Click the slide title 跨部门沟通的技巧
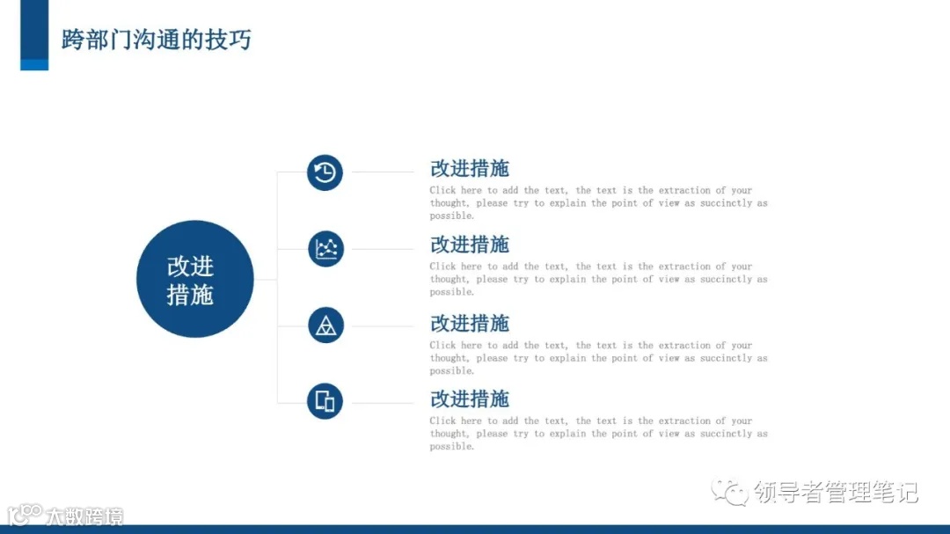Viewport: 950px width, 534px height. (156, 40)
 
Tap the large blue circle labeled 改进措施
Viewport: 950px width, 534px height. (194, 279)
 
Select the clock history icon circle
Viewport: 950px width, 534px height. (325, 172)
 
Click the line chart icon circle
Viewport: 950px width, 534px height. (325, 249)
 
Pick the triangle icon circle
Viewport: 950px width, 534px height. (325, 326)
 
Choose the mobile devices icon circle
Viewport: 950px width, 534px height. (325, 401)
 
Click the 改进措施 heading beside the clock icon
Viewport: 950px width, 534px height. (470, 168)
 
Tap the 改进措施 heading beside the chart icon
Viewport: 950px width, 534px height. (470, 245)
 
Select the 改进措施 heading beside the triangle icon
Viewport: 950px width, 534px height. (470, 323)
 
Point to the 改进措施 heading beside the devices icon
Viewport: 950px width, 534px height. (470, 399)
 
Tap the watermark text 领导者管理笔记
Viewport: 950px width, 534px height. (836, 492)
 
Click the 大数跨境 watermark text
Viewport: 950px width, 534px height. (85, 516)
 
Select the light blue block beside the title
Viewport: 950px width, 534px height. (34, 64)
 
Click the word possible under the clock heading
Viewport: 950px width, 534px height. (451, 216)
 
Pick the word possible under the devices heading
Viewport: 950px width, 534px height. (451, 447)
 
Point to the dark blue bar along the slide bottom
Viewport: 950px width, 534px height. (475, 529)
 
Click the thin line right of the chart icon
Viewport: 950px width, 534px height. (382, 249)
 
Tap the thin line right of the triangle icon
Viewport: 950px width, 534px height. (382, 326)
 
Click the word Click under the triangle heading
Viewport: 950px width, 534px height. (442, 346)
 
